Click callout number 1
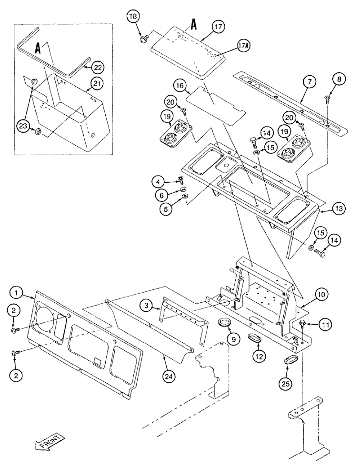(17, 291)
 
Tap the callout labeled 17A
(242, 46)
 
